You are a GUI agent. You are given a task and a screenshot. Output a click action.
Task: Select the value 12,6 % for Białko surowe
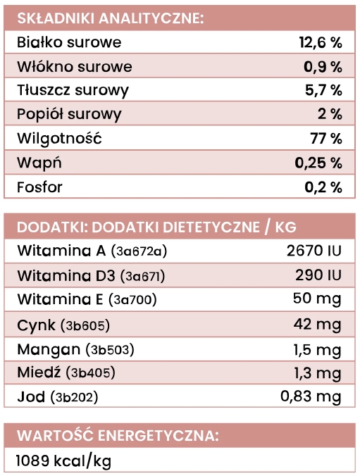point(321,42)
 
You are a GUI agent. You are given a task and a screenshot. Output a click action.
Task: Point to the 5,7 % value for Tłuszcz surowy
point(324,91)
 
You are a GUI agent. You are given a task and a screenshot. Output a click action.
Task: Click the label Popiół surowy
point(69,115)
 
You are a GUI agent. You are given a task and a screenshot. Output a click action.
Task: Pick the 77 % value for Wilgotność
point(326,139)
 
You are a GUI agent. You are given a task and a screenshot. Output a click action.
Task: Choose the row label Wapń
point(39,163)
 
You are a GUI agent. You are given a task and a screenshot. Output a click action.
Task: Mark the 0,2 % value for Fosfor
point(324,187)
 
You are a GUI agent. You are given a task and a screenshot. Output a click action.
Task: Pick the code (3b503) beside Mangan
point(110,349)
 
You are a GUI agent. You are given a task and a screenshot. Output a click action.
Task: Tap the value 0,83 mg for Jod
point(311,396)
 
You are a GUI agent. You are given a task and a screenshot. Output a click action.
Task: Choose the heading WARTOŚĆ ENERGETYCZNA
point(118,435)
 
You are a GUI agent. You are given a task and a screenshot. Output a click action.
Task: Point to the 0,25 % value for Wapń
point(319,163)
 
